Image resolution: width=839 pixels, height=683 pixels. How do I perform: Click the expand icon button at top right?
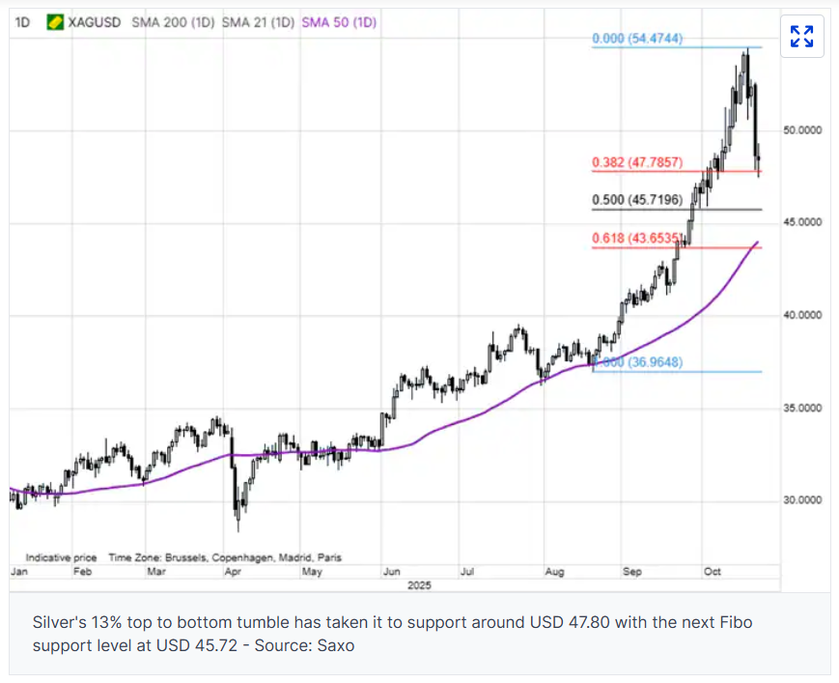pyautogui.click(x=801, y=37)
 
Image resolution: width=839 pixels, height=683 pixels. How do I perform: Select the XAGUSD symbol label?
pyautogui.click(x=95, y=21)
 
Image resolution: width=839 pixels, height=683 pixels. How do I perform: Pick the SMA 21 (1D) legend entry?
pyautogui.click(x=258, y=21)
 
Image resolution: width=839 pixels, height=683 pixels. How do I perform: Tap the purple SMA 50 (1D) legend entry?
pyautogui.click(x=339, y=21)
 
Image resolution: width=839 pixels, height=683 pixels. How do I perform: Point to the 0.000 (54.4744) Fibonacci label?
pyautogui.click(x=638, y=39)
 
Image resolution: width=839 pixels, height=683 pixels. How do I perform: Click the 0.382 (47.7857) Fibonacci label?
pyautogui.click(x=638, y=163)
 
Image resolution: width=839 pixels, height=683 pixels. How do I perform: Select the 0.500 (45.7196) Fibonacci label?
pyautogui.click(x=638, y=201)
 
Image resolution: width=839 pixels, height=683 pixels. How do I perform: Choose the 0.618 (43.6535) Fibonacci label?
pyautogui.click(x=638, y=239)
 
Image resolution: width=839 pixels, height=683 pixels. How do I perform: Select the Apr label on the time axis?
pyautogui.click(x=232, y=572)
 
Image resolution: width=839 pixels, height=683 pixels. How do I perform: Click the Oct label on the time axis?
pyautogui.click(x=713, y=572)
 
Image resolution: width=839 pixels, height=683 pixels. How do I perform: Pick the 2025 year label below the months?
pyautogui.click(x=419, y=585)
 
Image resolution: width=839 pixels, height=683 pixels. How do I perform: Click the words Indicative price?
pyautogui.click(x=61, y=557)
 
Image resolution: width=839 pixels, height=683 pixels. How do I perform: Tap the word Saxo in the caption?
pyautogui.click(x=337, y=644)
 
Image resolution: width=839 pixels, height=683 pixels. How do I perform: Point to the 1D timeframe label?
pyautogui.click(x=23, y=21)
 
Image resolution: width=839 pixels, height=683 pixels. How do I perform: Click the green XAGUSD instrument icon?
pyautogui.click(x=56, y=21)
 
